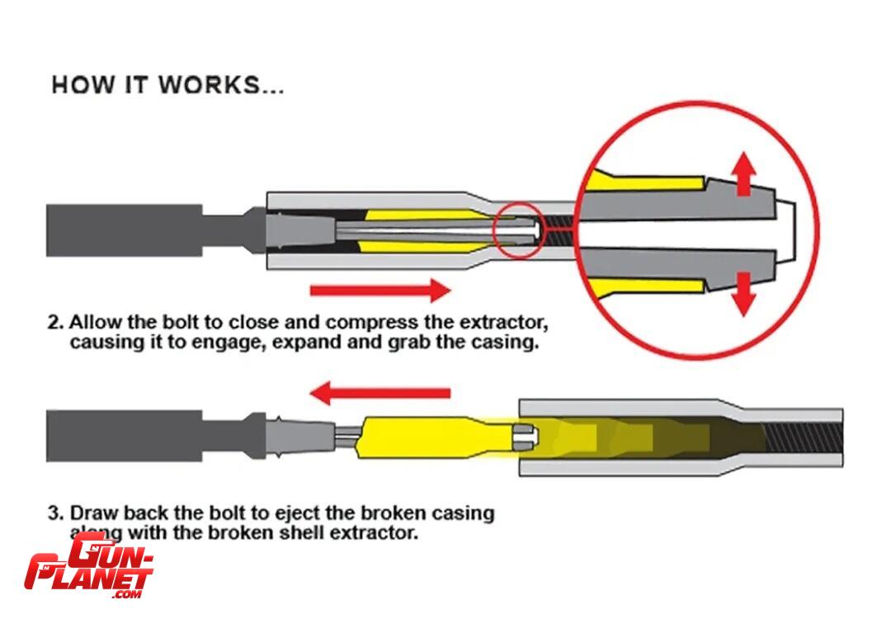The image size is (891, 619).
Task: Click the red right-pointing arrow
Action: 380,290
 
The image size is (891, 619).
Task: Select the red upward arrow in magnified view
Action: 744,173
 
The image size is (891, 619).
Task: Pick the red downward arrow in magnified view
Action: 744,294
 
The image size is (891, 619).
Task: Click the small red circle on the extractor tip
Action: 519,229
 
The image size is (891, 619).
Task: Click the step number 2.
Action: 54,320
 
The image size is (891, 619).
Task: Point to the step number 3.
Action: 54,513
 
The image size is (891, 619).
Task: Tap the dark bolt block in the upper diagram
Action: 124,229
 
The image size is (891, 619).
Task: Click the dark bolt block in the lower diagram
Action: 124,435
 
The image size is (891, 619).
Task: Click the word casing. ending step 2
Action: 507,342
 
